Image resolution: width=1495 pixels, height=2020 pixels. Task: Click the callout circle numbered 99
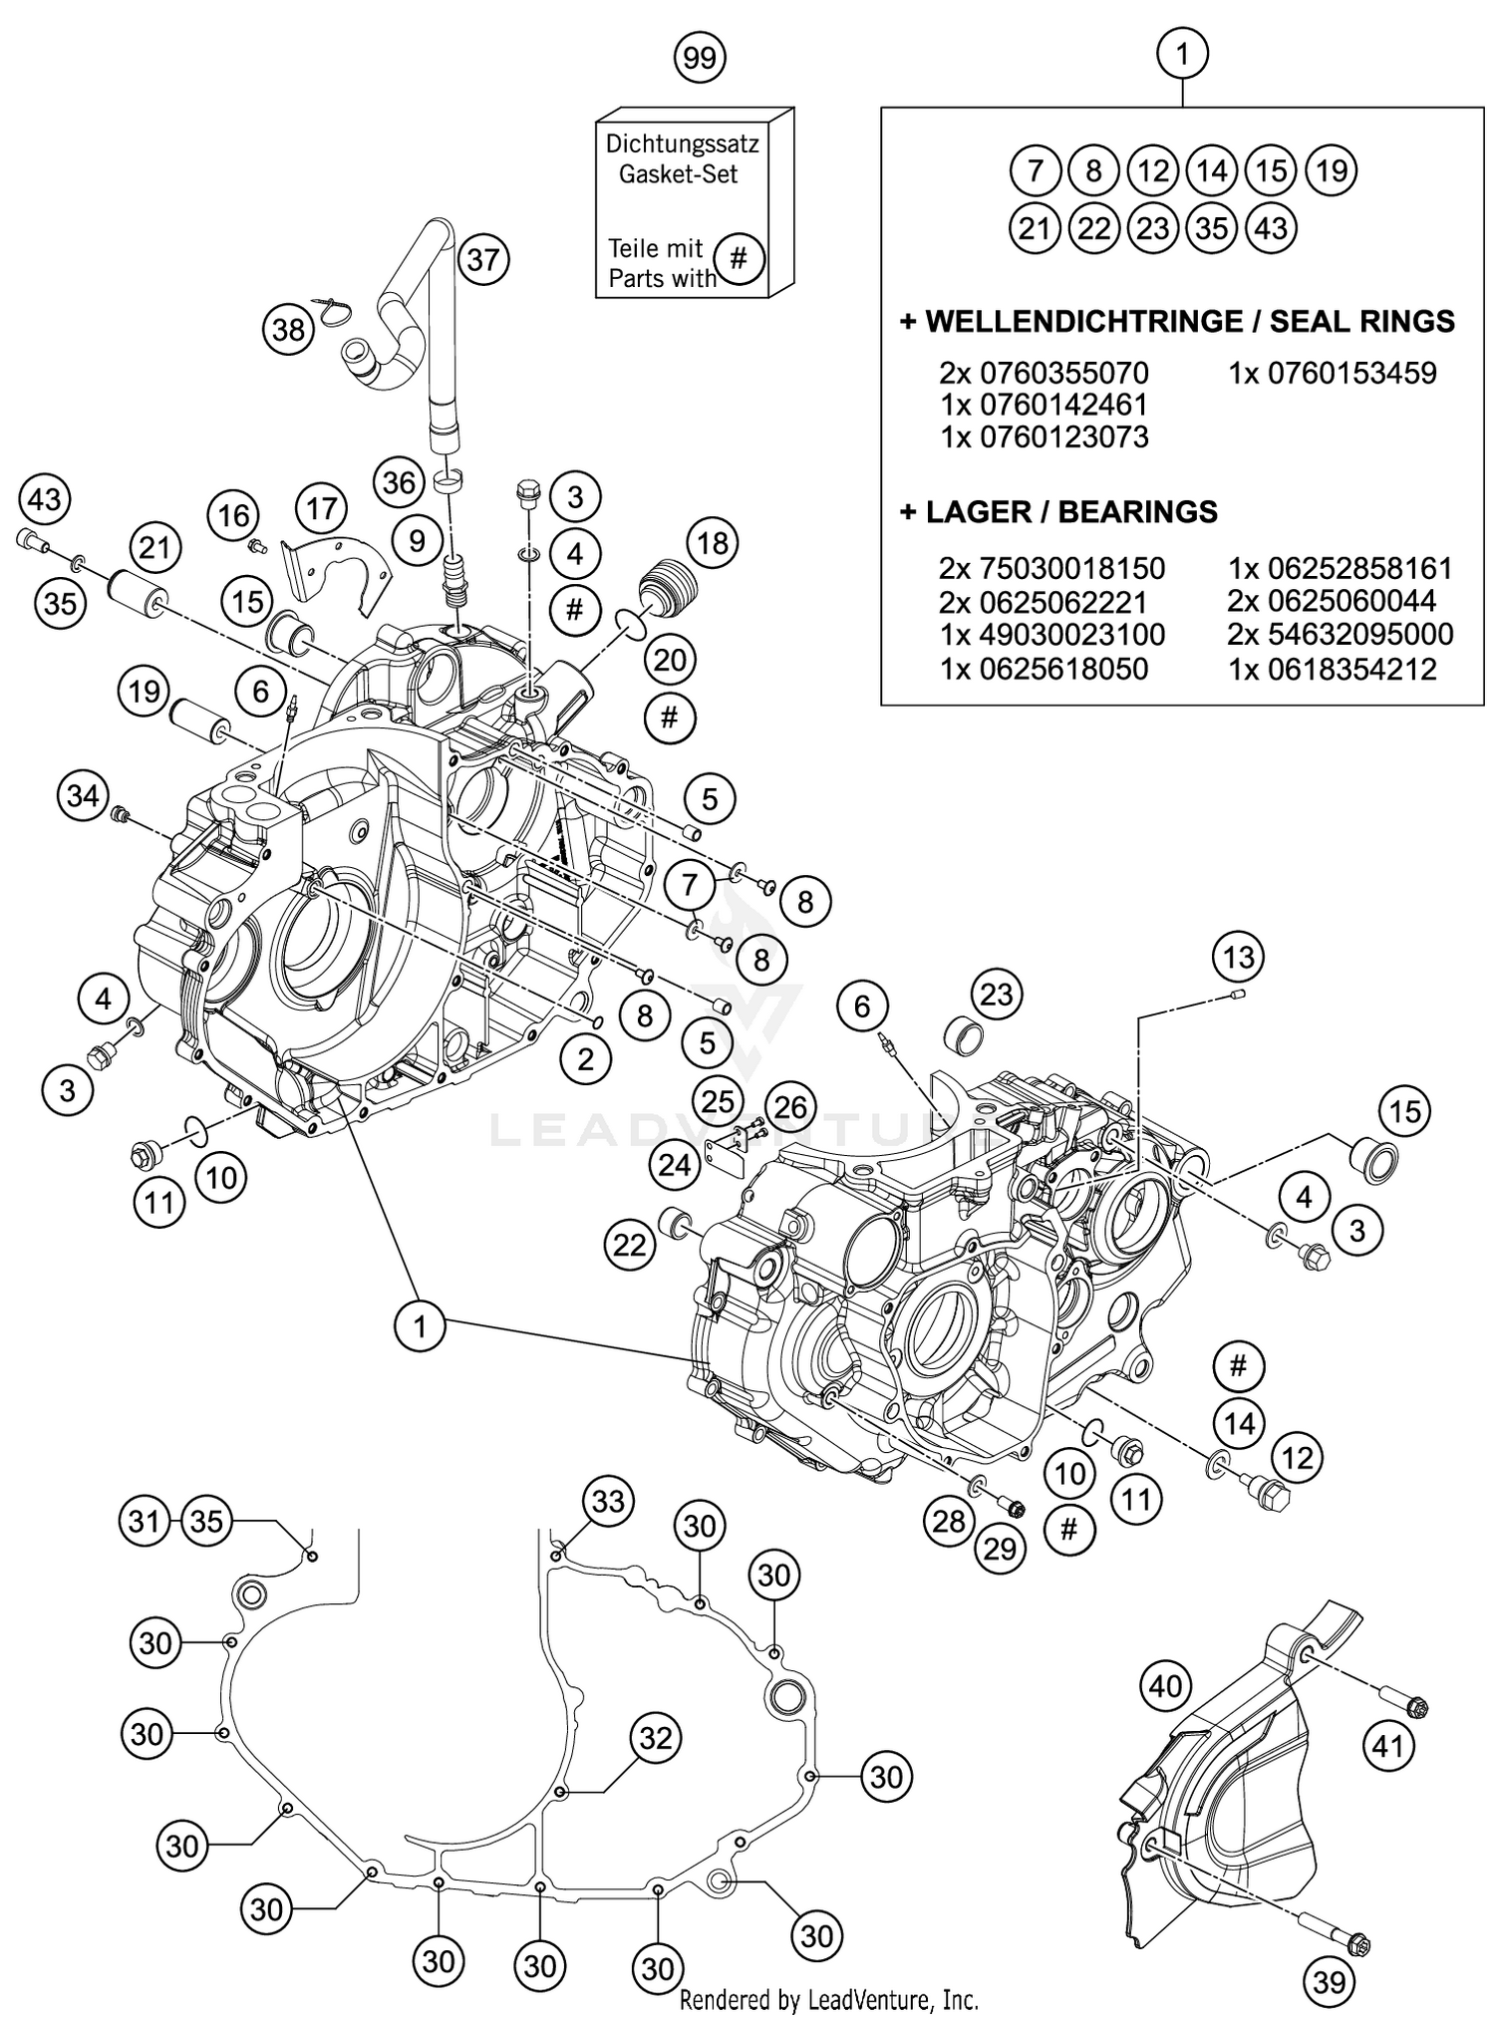[x=700, y=58]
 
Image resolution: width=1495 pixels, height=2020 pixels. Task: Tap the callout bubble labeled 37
[x=483, y=260]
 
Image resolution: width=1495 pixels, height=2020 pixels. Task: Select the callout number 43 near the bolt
[x=44, y=497]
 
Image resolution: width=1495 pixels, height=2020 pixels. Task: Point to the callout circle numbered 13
[x=1239, y=958]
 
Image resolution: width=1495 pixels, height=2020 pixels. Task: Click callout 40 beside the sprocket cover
[x=1165, y=1686]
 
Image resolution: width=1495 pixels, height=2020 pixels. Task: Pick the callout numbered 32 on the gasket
[x=655, y=1739]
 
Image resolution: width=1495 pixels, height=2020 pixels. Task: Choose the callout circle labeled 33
[x=608, y=1501]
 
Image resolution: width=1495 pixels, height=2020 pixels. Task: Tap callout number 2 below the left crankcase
[x=584, y=1059]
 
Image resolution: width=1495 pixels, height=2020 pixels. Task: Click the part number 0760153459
[x=1333, y=374]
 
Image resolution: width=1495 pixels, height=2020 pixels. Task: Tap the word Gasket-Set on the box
[x=678, y=174]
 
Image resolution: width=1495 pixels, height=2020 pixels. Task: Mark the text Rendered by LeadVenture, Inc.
[x=828, y=1999]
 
